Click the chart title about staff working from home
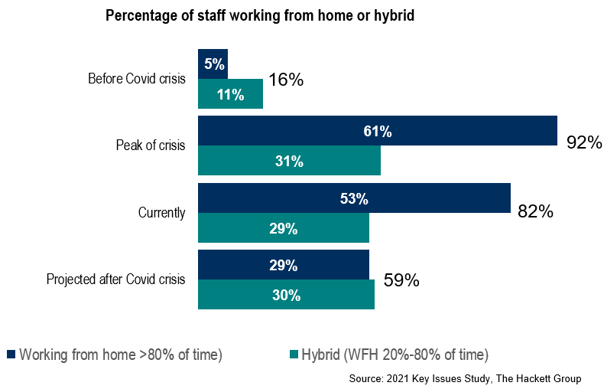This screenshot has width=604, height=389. coord(259,16)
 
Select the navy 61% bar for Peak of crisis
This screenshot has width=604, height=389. coord(377,131)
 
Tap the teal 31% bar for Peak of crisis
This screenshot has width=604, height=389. coord(289,161)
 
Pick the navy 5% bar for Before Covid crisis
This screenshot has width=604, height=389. coord(213,64)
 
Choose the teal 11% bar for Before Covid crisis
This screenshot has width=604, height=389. coord(230,94)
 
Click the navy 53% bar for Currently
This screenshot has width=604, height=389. coord(354,198)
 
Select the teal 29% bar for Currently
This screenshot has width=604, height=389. coord(284,228)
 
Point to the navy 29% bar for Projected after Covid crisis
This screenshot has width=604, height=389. coord(284,265)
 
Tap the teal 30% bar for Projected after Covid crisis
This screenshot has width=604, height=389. coord(286,295)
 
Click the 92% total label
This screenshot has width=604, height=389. coord(584,142)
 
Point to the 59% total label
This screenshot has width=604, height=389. coord(401,280)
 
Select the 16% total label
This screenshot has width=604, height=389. coord(285,80)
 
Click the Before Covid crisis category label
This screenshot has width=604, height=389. coord(137,79)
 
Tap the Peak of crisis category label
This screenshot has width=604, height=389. coord(151,145)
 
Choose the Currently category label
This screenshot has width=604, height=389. coord(161,213)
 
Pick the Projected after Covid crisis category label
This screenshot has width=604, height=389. coord(115,279)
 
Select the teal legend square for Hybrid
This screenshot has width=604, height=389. coord(294,355)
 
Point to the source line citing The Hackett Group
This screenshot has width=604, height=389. coord(465,378)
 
